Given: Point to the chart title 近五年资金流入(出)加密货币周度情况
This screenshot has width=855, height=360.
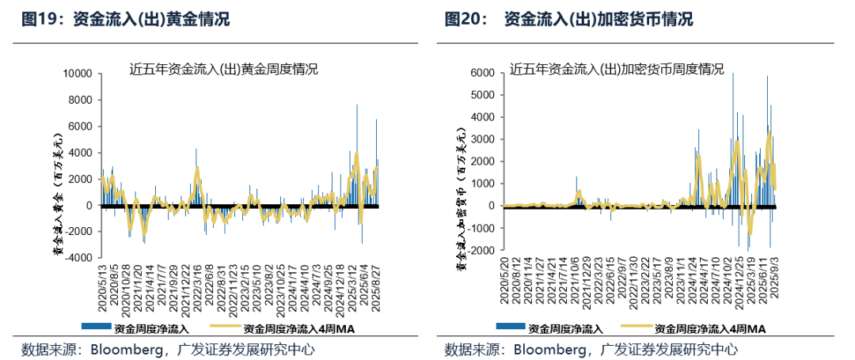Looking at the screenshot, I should (617, 70).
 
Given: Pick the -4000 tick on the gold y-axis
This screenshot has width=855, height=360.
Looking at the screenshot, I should (79, 258).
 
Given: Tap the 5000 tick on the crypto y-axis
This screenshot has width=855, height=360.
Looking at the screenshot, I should (484, 95).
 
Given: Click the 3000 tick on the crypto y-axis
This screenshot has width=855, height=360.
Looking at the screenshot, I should (484, 139).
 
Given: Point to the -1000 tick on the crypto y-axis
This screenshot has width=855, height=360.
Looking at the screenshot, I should (481, 228).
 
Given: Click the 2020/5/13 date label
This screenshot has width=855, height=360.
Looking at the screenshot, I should (101, 287).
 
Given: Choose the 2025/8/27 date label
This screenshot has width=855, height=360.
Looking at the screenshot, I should (376, 288).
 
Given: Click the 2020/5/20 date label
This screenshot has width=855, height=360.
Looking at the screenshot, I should (504, 288).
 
